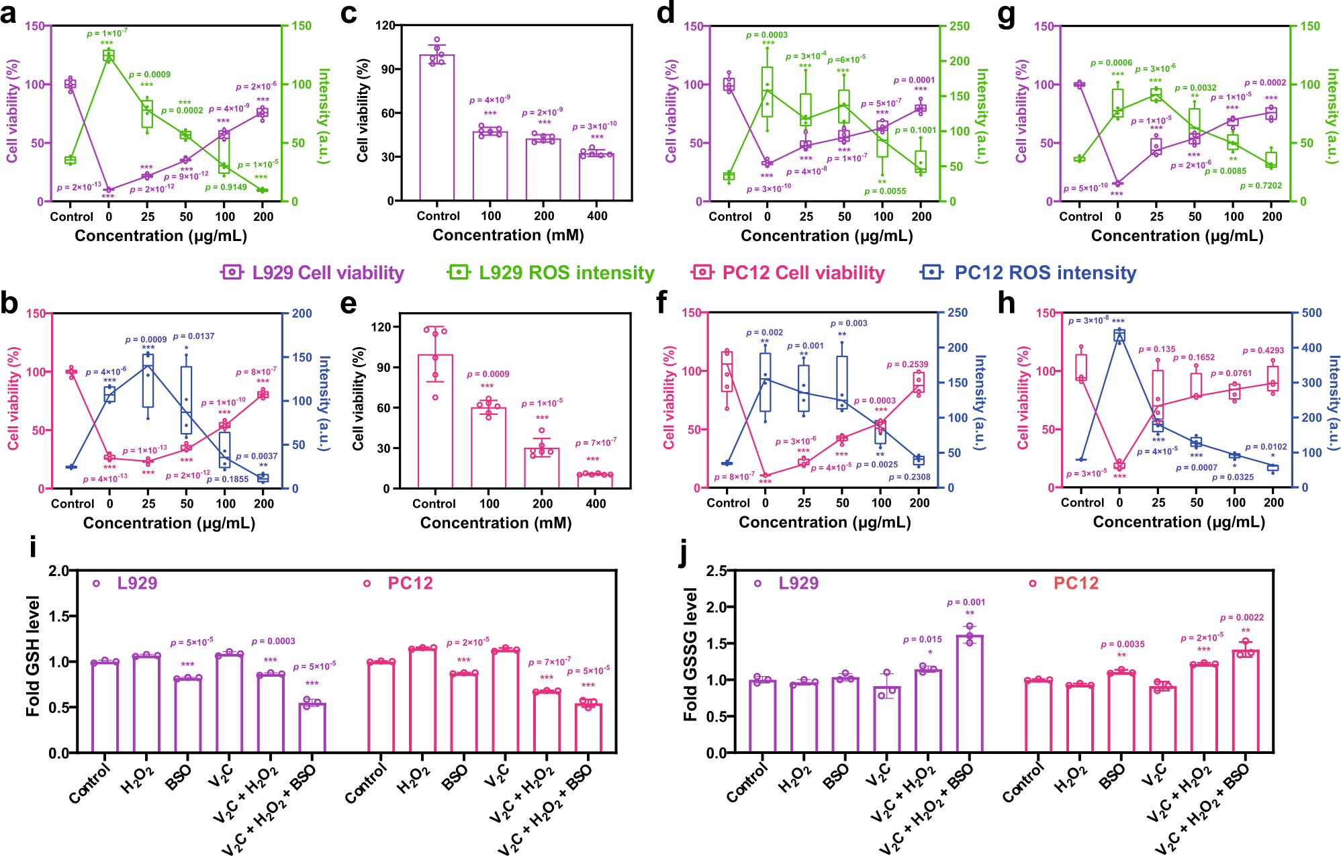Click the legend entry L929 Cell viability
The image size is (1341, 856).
328,273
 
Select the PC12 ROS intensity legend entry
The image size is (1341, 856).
1045,273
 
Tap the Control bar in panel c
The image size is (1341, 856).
437,128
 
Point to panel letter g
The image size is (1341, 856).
1007,15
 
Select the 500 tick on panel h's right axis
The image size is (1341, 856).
1311,313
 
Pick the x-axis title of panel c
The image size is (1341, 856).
508,235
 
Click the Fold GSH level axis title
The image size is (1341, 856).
32,656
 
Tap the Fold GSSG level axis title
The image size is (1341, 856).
690,655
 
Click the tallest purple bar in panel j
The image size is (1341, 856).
969,694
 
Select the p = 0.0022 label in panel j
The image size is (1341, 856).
1242,618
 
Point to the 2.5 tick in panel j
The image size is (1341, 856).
716,571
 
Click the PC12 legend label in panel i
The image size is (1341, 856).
410,583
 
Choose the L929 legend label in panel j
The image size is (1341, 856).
798,583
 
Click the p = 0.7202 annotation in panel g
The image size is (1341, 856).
1260,185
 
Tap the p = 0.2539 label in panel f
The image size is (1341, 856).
907,365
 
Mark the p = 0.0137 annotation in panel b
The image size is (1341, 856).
194,336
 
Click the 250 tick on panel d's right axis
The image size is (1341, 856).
960,26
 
